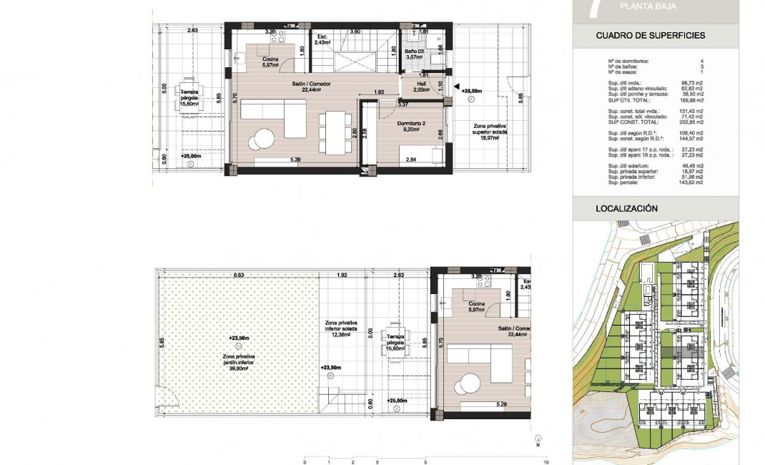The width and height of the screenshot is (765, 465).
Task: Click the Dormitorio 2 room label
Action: (413, 126)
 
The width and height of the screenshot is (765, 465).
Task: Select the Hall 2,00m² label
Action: (422, 87)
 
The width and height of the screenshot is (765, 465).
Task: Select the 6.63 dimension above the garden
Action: (238, 275)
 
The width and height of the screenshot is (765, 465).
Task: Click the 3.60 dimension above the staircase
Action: (354, 31)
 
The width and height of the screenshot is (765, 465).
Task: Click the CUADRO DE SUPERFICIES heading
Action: (651, 35)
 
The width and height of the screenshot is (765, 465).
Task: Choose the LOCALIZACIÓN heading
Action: (626, 209)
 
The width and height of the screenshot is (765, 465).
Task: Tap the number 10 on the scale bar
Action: (546, 461)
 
